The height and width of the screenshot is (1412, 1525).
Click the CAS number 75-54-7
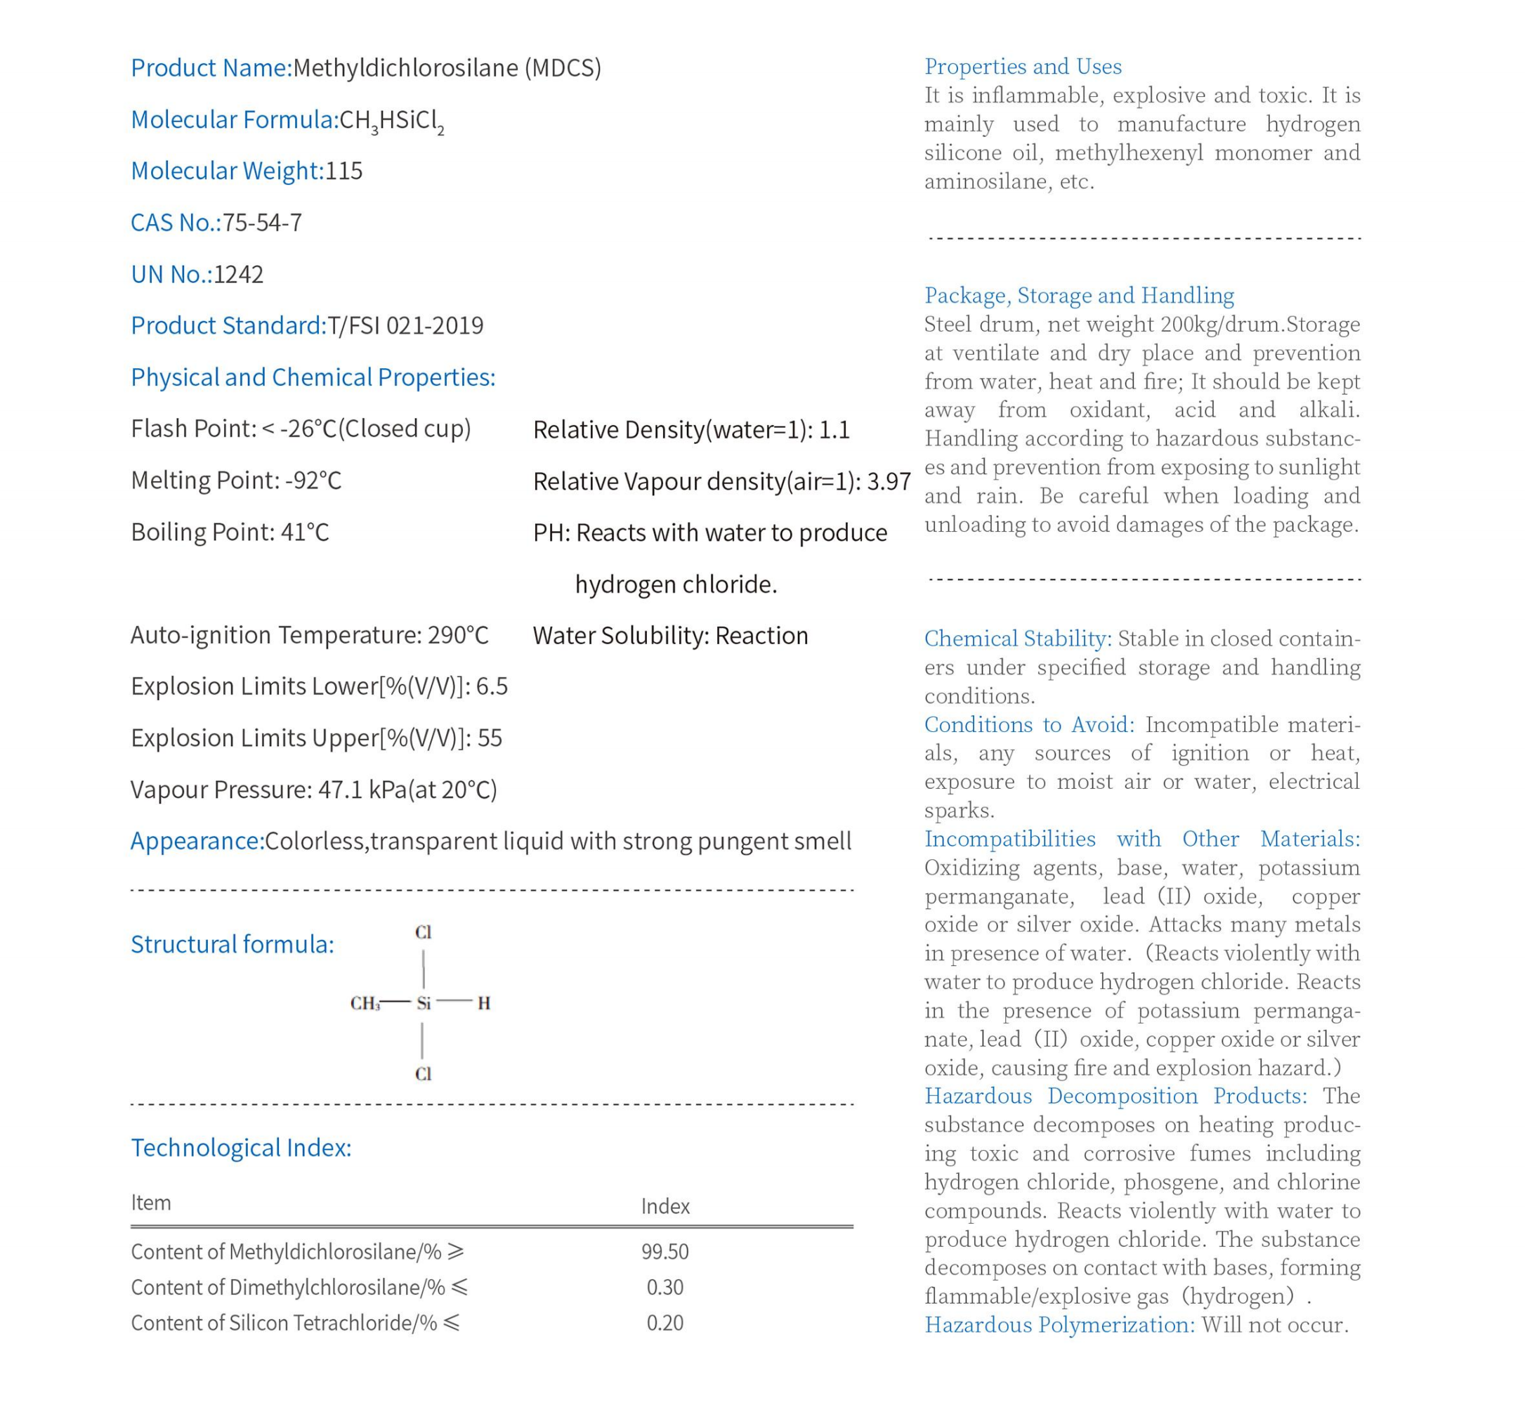click(x=262, y=223)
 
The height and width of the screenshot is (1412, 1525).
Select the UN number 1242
click(x=238, y=273)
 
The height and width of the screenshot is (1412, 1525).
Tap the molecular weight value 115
click(x=343, y=171)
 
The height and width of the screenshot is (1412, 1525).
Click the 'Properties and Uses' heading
click(x=1022, y=67)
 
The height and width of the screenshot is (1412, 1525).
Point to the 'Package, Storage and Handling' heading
click(x=1078, y=295)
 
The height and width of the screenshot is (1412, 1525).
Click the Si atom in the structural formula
click(x=424, y=1002)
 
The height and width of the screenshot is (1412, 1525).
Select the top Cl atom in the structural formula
click(x=424, y=932)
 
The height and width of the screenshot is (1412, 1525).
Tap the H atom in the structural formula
click(x=483, y=1002)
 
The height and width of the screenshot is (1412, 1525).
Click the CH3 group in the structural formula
click(x=365, y=1003)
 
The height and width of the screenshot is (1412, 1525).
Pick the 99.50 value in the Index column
click(x=665, y=1252)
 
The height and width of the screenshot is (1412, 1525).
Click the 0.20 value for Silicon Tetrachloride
click(x=665, y=1323)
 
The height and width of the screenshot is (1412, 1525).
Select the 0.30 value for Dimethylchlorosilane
click(x=665, y=1288)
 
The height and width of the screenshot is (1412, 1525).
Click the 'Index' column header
click(x=665, y=1206)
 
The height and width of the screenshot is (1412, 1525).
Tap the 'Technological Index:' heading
click(x=241, y=1148)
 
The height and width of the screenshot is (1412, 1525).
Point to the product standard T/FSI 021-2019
click(x=405, y=325)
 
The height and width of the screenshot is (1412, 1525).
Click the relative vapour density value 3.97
click(x=889, y=481)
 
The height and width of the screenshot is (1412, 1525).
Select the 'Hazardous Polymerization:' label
click(x=1059, y=1324)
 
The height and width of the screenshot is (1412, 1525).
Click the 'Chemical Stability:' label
click(x=1017, y=638)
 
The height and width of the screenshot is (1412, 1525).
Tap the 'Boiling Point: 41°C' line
click(x=229, y=532)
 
